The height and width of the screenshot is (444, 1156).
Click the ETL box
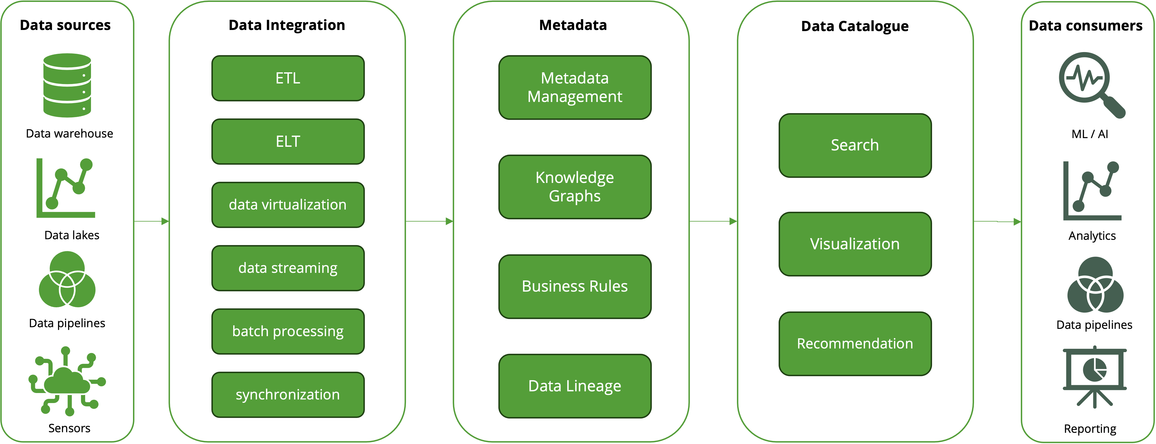pos(288,78)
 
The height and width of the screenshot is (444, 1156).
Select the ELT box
pos(288,141)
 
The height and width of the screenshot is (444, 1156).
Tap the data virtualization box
pos(288,205)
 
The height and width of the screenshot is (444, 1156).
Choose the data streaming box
pos(288,268)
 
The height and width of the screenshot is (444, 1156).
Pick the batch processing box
pos(288,331)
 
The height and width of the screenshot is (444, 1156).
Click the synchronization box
pos(288,395)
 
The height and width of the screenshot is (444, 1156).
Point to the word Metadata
pos(575,78)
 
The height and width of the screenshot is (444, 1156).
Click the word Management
pos(575,97)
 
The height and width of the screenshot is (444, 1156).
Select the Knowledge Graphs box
pos(575,187)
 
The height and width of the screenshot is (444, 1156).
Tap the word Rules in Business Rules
pos(608,286)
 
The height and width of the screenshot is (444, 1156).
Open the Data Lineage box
pos(575,386)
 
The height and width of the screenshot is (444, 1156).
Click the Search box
pos(855,145)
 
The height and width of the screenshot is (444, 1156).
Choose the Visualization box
pos(855,244)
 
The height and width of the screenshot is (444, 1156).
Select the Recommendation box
pos(855,343)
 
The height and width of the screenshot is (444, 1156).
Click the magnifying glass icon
pos(1088,83)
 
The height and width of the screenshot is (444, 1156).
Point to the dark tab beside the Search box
pos(759,145)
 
